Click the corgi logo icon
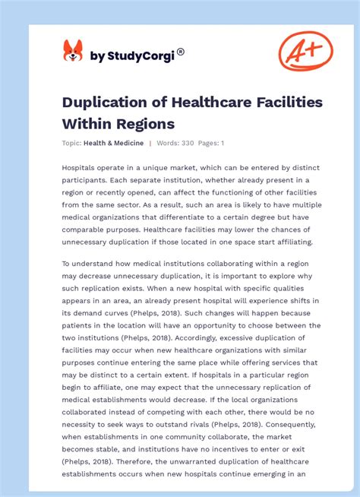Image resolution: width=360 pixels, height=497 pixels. coord(72,52)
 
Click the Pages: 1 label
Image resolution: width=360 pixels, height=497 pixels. coord(211,143)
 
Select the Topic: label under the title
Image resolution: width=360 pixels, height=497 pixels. coord(73,143)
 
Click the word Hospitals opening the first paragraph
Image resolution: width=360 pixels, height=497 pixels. coord(81,167)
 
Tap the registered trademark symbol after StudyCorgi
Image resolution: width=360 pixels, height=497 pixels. coord(181,52)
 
